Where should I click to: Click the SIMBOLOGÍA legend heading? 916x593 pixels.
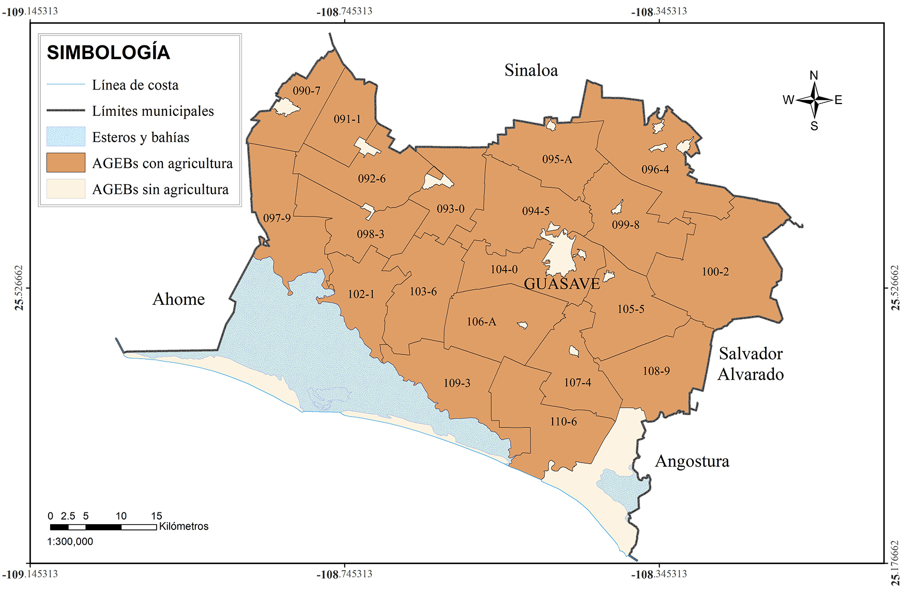tap(109, 53)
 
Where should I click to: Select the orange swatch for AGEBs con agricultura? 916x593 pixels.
tap(66, 162)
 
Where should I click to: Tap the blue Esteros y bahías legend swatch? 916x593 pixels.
tap(66, 137)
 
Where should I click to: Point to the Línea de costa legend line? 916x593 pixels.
tap(66, 84)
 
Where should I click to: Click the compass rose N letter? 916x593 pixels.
tap(814, 76)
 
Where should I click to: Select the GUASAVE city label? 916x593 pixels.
tap(562, 284)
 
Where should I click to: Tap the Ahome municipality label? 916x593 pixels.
tap(178, 299)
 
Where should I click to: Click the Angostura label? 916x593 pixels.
tap(692, 461)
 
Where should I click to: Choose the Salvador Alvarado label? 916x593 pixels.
tap(751, 364)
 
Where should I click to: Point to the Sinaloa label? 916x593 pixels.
tap(531, 70)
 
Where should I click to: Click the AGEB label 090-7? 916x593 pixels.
tap(307, 91)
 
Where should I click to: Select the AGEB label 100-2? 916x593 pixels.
tap(715, 272)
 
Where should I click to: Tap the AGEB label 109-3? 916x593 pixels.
tap(457, 383)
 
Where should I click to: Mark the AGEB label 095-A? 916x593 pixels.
tap(557, 159)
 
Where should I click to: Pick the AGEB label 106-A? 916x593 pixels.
tap(481, 322)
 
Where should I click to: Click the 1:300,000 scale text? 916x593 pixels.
tap(70, 542)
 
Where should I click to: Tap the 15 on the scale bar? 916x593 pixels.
tap(157, 516)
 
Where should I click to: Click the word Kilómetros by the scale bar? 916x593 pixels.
tap(184, 526)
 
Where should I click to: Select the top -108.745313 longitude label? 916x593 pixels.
tap(344, 11)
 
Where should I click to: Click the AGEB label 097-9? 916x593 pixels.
tap(277, 218)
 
